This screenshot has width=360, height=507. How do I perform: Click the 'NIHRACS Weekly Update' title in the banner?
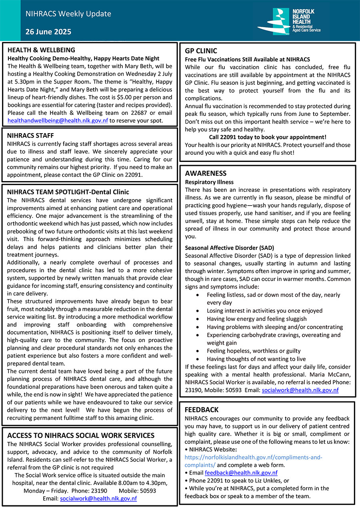coord(68,14)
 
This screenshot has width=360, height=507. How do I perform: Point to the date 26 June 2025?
coord(48,32)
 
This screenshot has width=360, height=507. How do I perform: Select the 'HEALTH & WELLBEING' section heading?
coord(41,50)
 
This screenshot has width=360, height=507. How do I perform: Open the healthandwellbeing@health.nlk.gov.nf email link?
coord(58,120)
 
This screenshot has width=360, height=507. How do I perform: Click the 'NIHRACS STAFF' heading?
coord(30,136)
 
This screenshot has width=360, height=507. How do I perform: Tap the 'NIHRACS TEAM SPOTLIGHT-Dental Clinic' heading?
coord(68,192)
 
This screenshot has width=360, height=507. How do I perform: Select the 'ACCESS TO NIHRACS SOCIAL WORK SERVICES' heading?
coord(80,435)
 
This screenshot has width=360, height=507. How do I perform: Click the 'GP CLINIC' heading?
coord(201,51)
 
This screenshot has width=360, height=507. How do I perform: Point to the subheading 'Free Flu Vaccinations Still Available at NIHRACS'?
coord(247,59)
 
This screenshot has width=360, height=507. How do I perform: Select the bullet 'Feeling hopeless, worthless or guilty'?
coord(254,351)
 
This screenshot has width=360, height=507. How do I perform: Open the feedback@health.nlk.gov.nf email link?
coord(241,473)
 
